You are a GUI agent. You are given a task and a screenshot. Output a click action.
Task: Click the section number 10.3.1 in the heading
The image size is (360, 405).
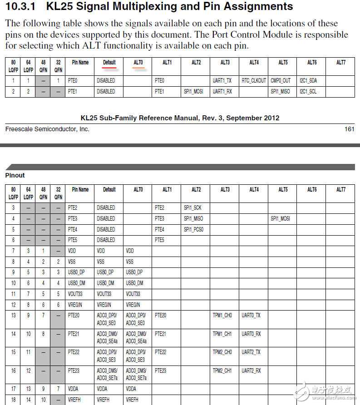21,7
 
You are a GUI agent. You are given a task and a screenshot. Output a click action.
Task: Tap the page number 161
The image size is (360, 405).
349,129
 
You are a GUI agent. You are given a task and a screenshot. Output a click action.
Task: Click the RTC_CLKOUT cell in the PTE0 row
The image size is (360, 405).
254,80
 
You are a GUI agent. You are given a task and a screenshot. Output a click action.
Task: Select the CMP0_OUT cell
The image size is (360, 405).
281,80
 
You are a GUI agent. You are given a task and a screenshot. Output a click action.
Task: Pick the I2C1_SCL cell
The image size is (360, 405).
308,91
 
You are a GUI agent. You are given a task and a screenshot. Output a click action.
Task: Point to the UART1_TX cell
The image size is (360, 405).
222,80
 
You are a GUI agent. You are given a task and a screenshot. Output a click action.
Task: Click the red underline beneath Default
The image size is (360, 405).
109,68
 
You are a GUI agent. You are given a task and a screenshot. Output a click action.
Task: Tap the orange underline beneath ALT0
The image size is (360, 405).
138,68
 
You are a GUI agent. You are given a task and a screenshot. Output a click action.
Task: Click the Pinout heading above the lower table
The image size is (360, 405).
15,175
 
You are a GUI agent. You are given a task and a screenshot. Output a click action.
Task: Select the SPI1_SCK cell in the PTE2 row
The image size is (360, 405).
192,207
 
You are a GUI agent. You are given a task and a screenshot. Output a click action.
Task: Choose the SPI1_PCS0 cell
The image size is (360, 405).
194,229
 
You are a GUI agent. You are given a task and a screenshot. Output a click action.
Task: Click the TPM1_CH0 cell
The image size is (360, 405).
222,315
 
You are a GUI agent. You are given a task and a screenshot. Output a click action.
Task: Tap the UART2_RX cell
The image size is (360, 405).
252,370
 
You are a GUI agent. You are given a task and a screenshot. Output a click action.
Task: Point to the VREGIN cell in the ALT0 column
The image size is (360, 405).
133,305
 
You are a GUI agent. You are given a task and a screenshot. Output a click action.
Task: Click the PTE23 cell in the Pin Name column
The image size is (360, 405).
74,370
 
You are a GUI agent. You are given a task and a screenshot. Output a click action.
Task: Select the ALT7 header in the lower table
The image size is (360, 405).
340,189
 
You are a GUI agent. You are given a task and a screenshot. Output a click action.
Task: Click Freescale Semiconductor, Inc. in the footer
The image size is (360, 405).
47,129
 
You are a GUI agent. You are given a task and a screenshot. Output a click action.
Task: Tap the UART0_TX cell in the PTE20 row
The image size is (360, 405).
251,315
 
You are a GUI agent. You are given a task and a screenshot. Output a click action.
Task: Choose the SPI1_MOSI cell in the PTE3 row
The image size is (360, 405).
280,218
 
